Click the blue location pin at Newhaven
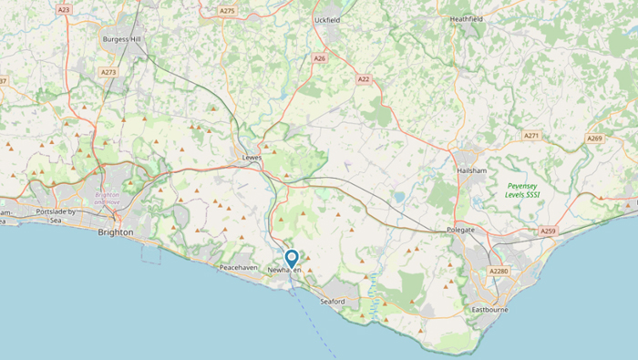tap(292, 259)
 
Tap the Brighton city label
tap(116, 232)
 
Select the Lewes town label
tap(252, 157)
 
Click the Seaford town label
tap(333, 302)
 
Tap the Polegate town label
tap(461, 231)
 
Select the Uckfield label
tap(328, 19)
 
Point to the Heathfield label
tap(466, 18)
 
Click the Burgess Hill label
tap(121, 40)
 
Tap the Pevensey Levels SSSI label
tap(523, 190)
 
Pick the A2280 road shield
tap(499, 272)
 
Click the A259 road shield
tap(548, 231)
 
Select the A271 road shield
tap(531, 136)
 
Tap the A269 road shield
tap(594, 139)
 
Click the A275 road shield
tap(227, 11)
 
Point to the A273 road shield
tap(109, 71)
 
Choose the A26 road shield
tap(319, 58)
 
